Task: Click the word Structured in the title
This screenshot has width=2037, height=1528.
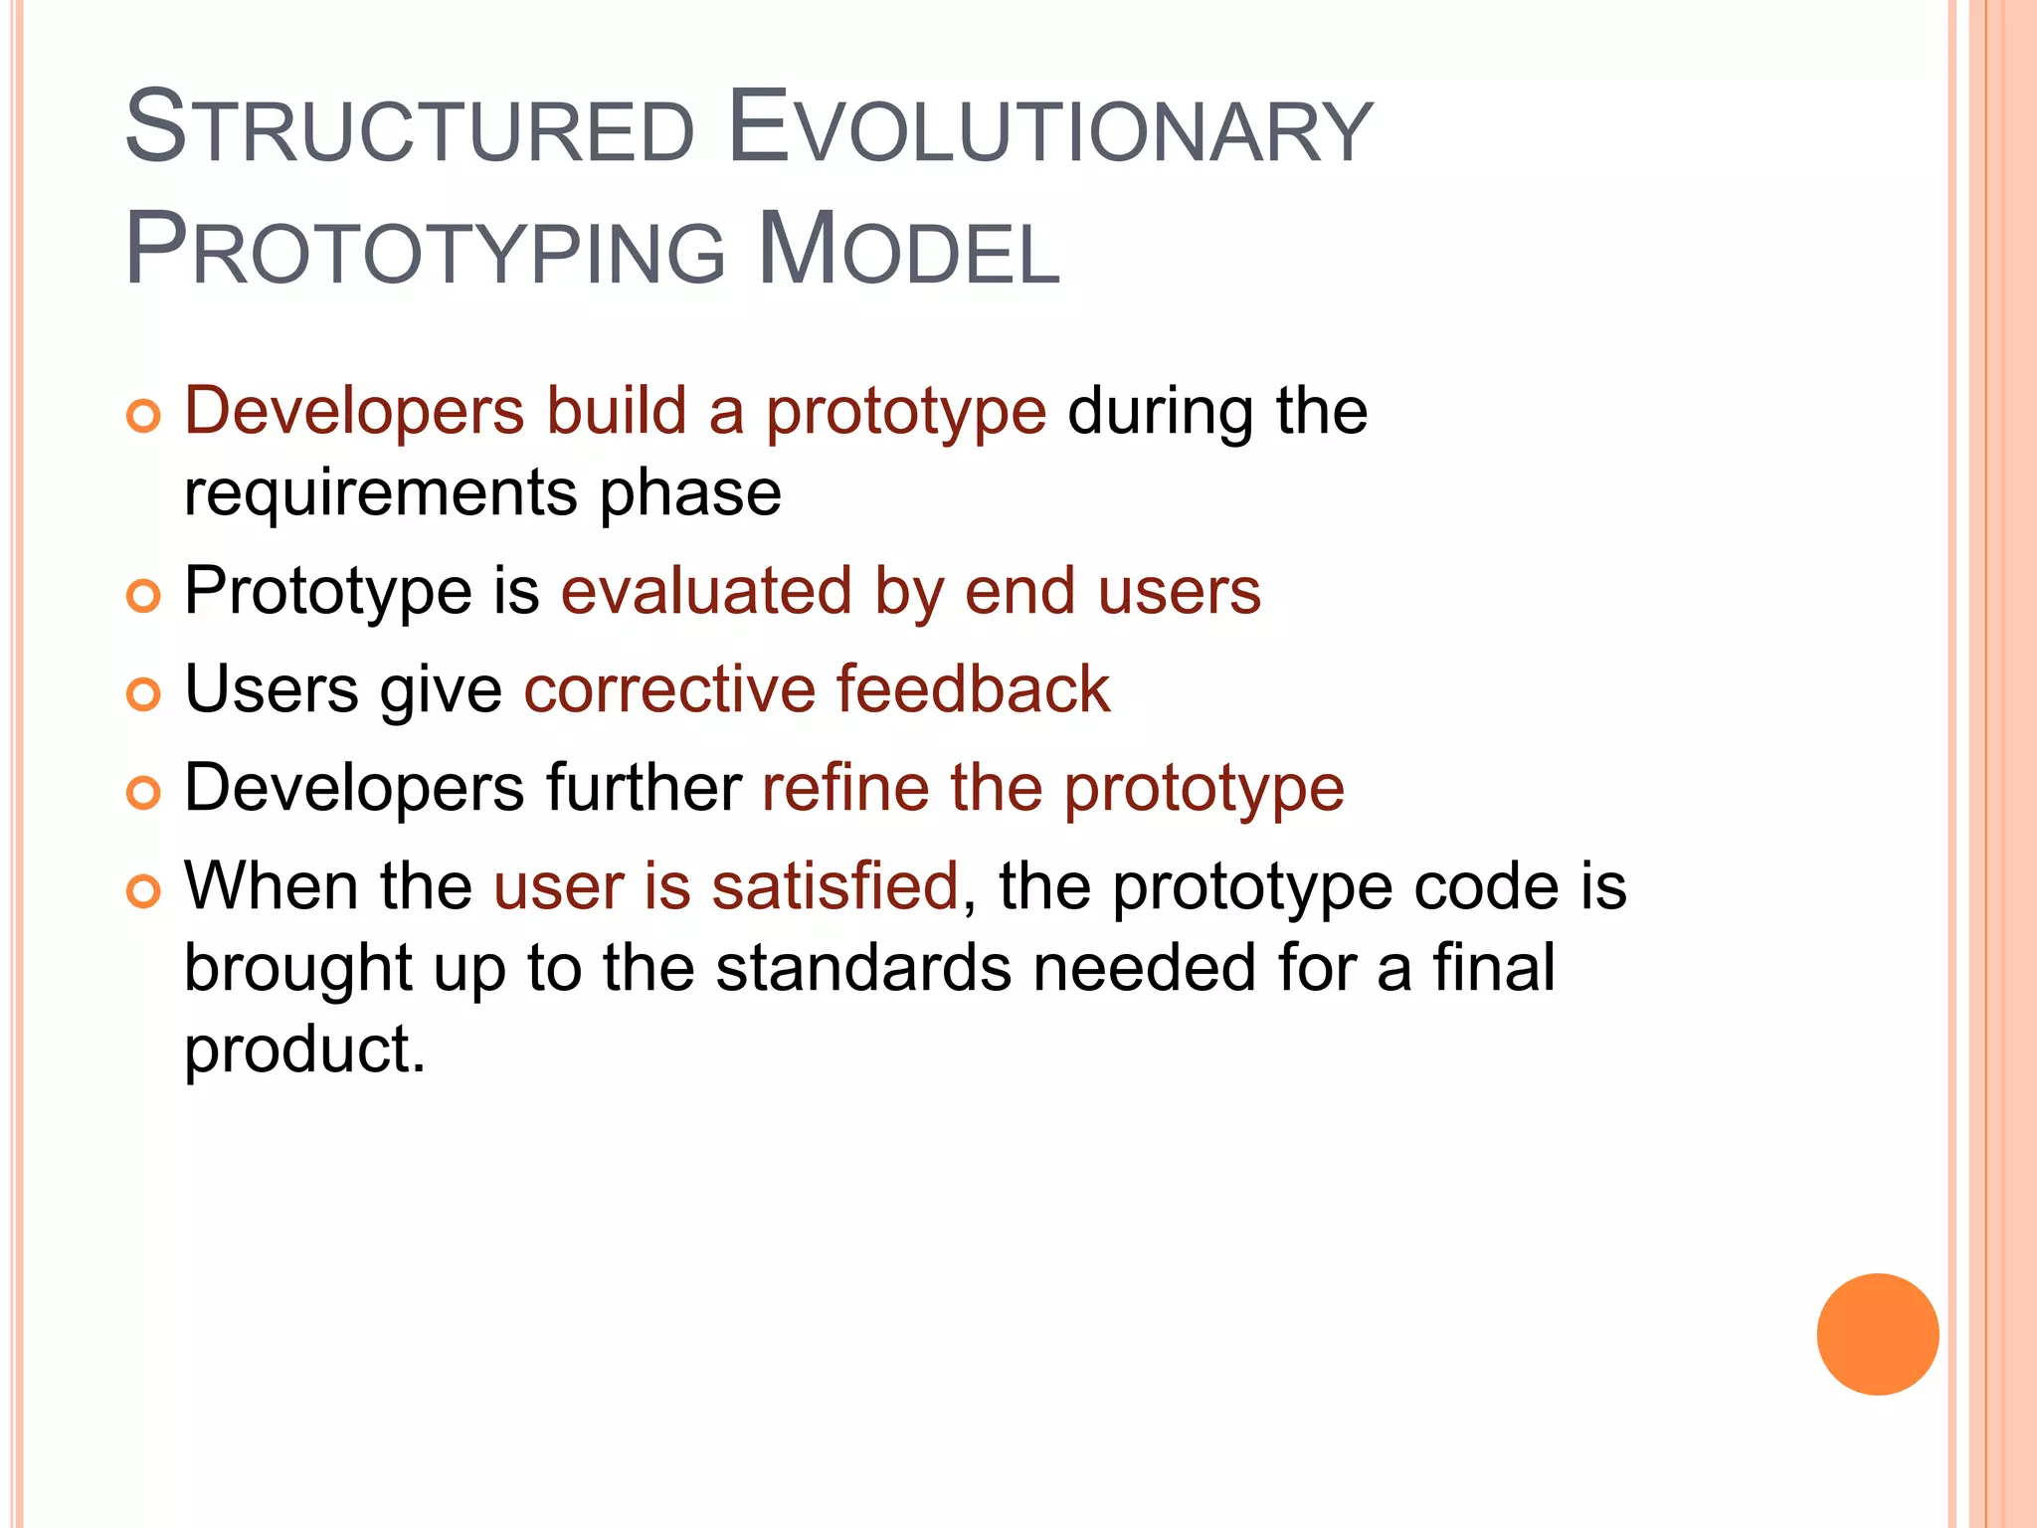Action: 409,129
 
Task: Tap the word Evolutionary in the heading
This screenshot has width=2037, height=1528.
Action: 1049,129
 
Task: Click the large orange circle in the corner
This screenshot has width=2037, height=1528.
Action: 1877,1334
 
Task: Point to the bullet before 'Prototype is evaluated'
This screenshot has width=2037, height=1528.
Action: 144,596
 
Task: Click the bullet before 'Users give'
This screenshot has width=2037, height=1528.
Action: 144,694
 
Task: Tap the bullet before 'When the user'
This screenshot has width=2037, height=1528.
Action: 144,890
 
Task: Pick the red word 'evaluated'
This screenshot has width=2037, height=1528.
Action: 706,591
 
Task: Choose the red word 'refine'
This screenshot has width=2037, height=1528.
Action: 844,787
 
